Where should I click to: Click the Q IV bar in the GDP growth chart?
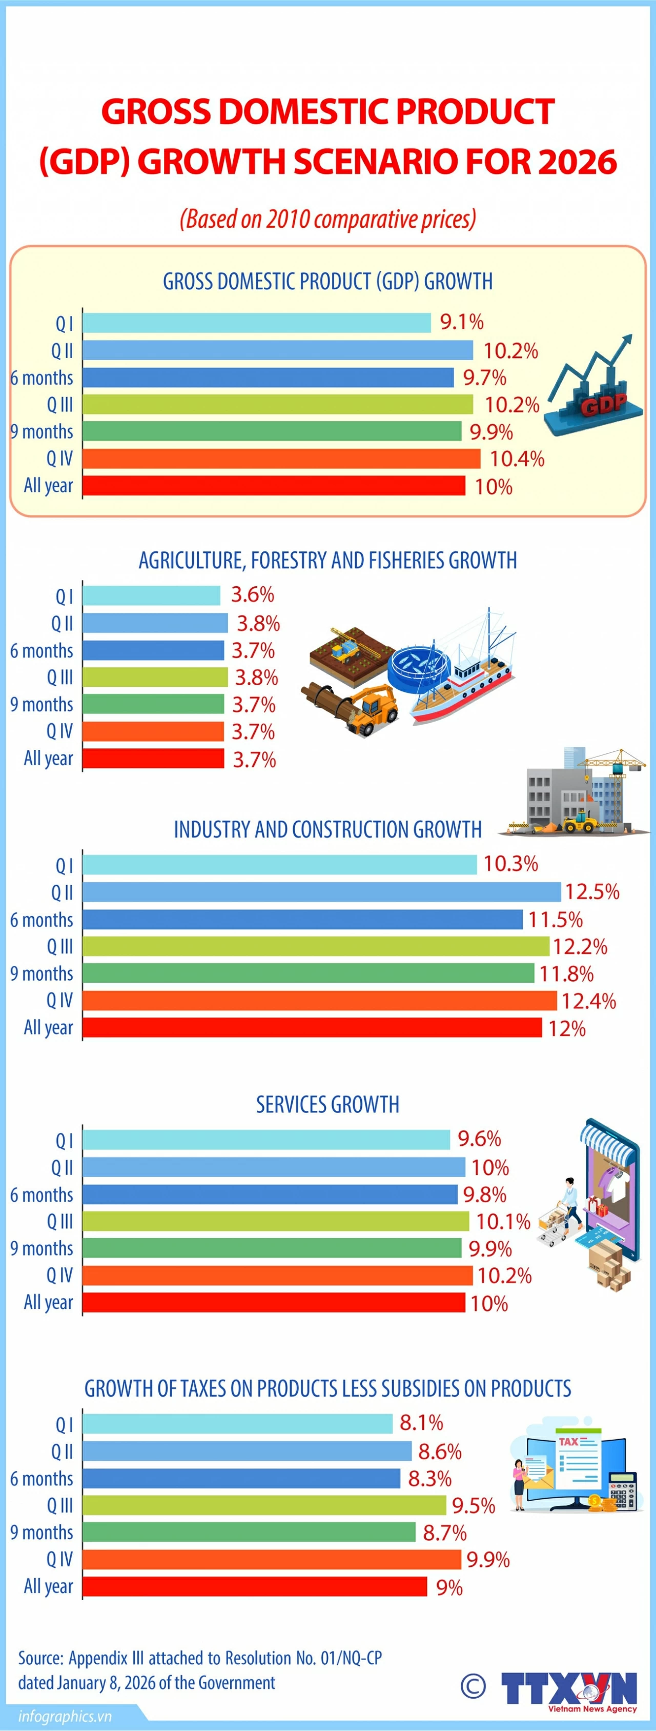pyautogui.click(x=281, y=459)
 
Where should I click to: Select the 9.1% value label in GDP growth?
pyautogui.click(x=461, y=322)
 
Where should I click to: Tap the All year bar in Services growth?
pyautogui.click(x=274, y=1302)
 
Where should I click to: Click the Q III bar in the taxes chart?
pyautogui.click(x=264, y=1505)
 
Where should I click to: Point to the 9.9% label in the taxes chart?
pyautogui.click(x=487, y=1560)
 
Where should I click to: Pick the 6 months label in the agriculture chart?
pyautogui.click(x=42, y=650)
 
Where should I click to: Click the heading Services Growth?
pyautogui.click(x=327, y=1104)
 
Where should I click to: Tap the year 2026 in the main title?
pyautogui.click(x=577, y=162)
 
